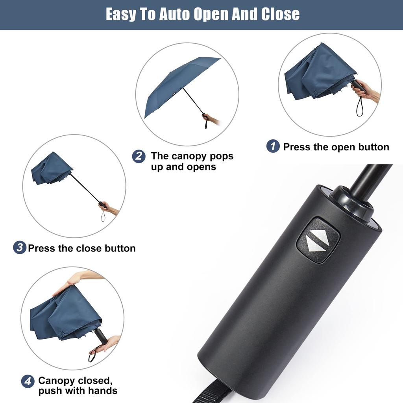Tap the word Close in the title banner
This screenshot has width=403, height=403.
280,15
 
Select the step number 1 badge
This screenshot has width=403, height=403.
273,146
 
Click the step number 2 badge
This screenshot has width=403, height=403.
138,156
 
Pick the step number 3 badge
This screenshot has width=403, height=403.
19,248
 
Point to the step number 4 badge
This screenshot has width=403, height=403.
28,381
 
